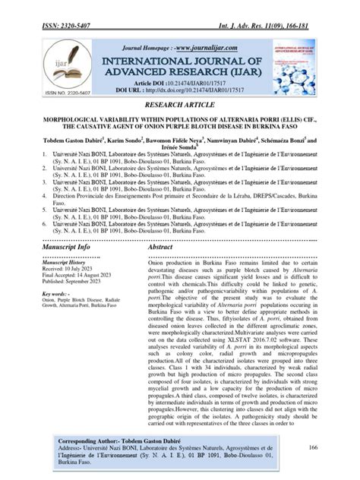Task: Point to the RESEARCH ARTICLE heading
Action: click(179, 106)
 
